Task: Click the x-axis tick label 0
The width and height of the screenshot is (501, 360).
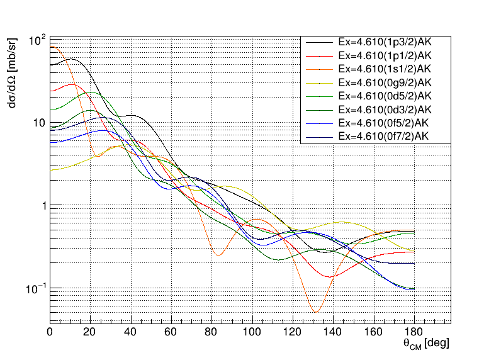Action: click(x=50, y=333)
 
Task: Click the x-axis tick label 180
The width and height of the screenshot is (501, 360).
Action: click(x=414, y=333)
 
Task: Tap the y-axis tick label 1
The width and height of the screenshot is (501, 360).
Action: click(x=42, y=206)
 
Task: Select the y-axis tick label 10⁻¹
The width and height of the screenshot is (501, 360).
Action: click(x=37, y=288)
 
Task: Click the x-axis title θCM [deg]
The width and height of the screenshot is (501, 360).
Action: click(x=425, y=344)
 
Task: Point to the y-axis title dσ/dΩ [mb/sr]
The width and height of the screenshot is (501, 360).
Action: click(x=13, y=70)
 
